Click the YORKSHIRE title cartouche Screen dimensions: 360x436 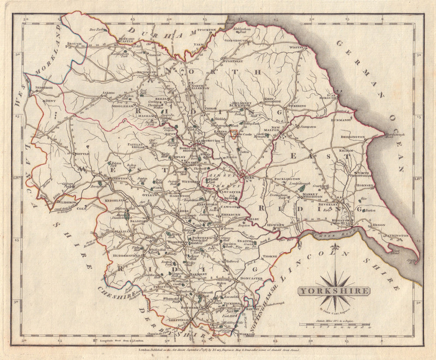point(334,291)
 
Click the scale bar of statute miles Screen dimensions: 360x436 point(334,325)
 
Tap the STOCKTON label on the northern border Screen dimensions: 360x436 point(206,30)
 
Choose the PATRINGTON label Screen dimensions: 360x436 point(396,235)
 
